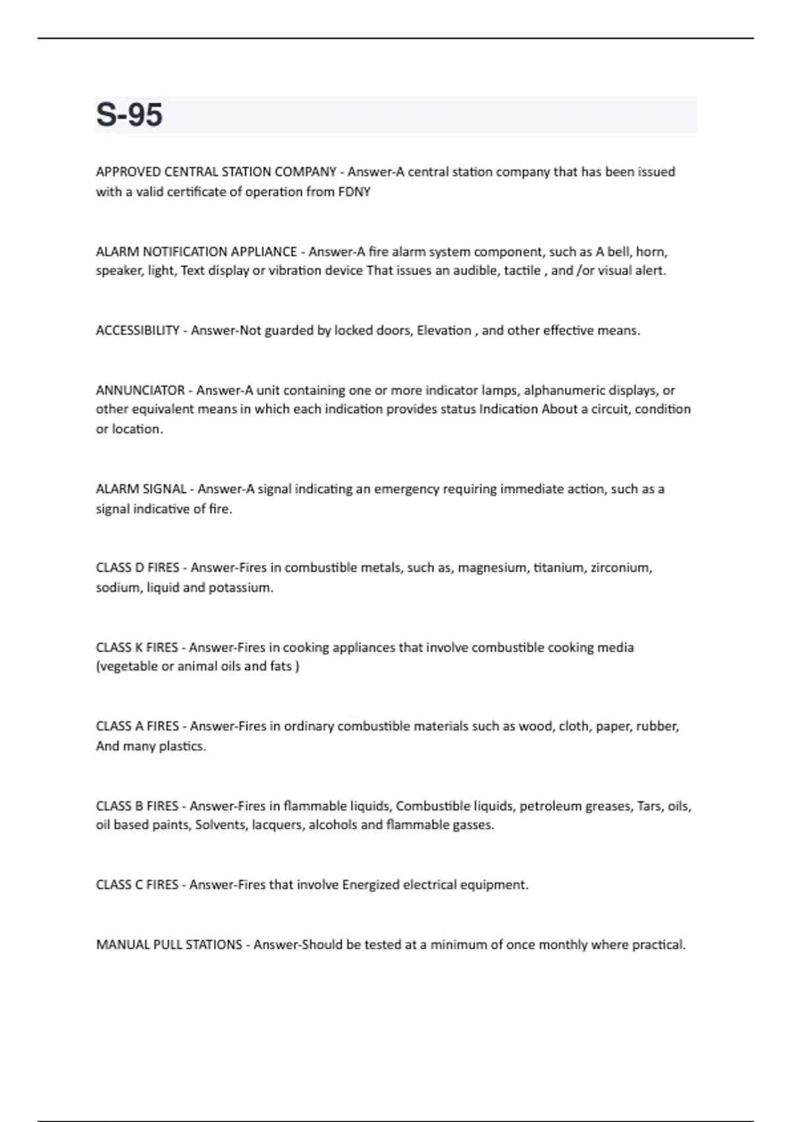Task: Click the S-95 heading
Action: (129, 115)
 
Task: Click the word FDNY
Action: (354, 192)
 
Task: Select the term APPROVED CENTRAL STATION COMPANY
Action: (216, 172)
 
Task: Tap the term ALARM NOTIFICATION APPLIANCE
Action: (196, 251)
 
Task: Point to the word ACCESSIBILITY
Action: (137, 331)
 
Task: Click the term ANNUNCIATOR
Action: (140, 390)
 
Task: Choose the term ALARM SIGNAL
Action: (141, 489)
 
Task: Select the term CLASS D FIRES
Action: (137, 568)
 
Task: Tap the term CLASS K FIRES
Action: (137, 647)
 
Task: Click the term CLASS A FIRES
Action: (137, 726)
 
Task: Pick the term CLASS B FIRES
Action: (137, 806)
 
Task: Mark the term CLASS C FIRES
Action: (137, 884)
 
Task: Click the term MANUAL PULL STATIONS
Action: (169, 944)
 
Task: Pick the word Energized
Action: (370, 884)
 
